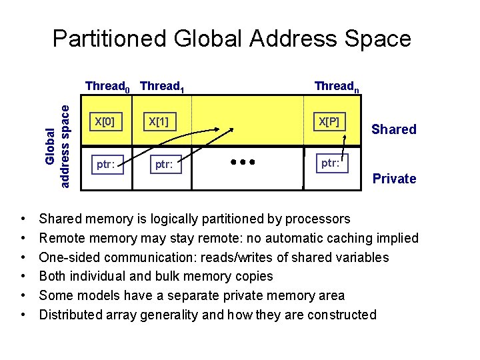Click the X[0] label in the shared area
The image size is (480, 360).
click(x=105, y=122)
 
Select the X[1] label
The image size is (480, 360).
click(x=158, y=122)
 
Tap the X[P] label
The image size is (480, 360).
click(x=329, y=122)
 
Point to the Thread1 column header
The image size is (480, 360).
click(x=163, y=86)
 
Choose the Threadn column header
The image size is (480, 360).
click(x=337, y=86)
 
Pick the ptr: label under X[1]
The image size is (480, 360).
click(x=166, y=163)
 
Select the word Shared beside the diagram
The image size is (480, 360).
click(x=394, y=129)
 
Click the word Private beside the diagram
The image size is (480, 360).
click(x=394, y=179)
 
